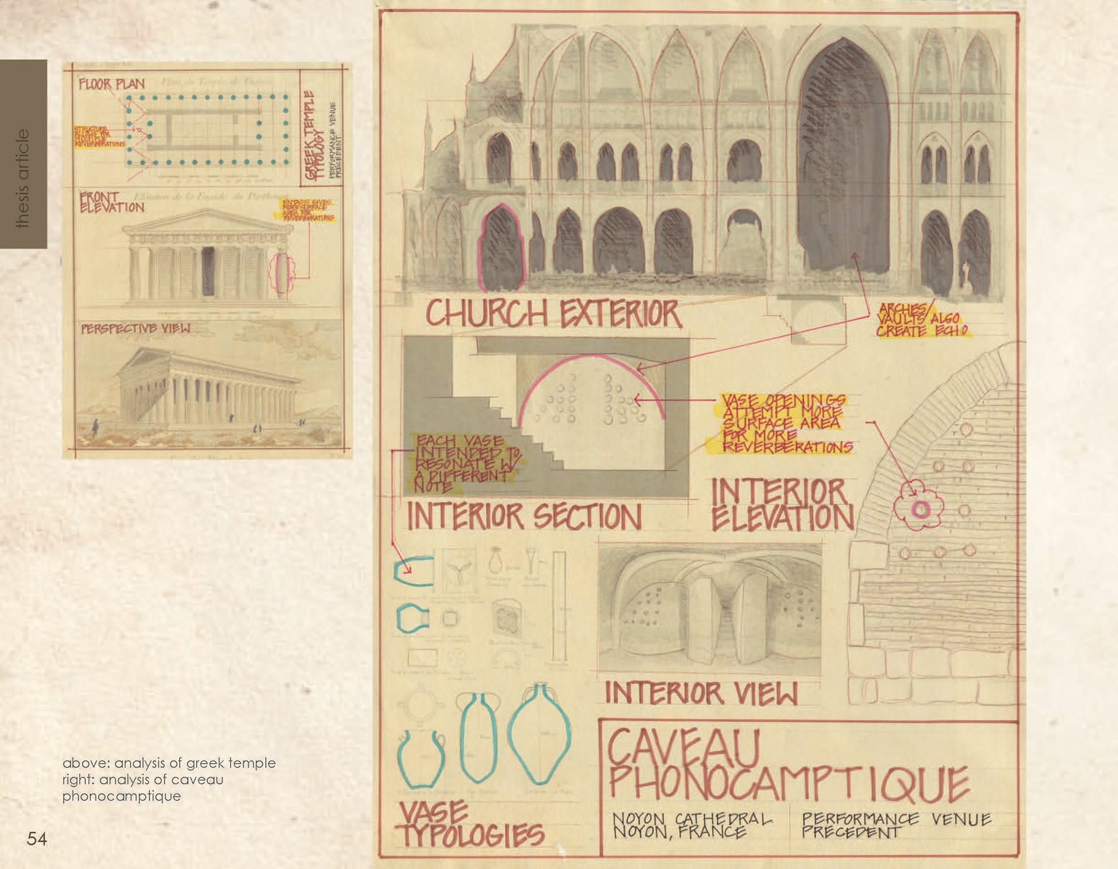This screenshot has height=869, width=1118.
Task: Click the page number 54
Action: click(37, 839)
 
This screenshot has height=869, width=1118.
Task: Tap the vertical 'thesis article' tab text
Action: click(23, 178)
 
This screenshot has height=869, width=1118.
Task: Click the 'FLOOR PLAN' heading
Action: click(111, 84)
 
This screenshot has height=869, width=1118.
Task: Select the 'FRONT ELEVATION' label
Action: click(111, 203)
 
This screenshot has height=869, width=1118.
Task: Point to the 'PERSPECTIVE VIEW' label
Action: click(135, 329)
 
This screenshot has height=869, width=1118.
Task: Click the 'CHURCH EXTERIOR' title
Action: click(553, 314)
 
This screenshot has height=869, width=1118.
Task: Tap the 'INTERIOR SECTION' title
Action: click(524, 516)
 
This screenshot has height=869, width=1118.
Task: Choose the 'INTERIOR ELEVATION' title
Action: click(781, 505)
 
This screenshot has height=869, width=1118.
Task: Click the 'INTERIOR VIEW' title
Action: click(701, 693)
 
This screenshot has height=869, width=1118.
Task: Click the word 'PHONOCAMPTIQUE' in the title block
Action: click(789, 783)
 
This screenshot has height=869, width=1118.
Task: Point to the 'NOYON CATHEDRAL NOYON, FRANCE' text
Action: click(692, 826)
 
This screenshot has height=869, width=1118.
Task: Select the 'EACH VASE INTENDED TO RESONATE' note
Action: click(466, 463)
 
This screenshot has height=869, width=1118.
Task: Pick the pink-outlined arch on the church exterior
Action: click(500, 249)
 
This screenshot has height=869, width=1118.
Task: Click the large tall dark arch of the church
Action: click(844, 157)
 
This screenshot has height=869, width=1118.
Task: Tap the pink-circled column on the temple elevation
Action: click(282, 272)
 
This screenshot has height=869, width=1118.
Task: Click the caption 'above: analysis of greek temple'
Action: click(169, 762)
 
